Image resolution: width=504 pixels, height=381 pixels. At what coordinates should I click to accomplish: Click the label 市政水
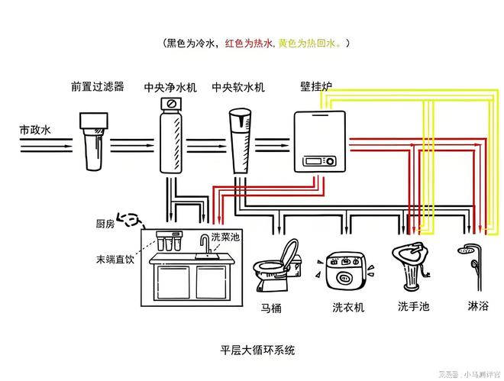coord(35,130)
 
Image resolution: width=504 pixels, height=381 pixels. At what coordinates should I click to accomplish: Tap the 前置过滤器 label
coord(97,87)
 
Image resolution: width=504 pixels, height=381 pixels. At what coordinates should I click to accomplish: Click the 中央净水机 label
coord(170,88)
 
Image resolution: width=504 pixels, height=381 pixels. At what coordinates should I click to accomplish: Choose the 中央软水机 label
coord(238,88)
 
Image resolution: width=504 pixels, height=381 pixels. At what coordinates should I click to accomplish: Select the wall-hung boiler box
coord(317,142)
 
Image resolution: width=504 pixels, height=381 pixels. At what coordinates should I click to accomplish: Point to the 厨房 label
coord(105,223)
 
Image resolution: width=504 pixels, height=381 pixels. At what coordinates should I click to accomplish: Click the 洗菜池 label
coord(225,237)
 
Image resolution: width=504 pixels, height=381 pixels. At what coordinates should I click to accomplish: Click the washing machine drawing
coord(348,271)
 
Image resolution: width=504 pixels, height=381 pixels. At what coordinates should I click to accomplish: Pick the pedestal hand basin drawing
coord(412,267)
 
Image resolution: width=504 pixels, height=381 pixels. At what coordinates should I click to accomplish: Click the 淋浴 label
coord(477,307)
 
